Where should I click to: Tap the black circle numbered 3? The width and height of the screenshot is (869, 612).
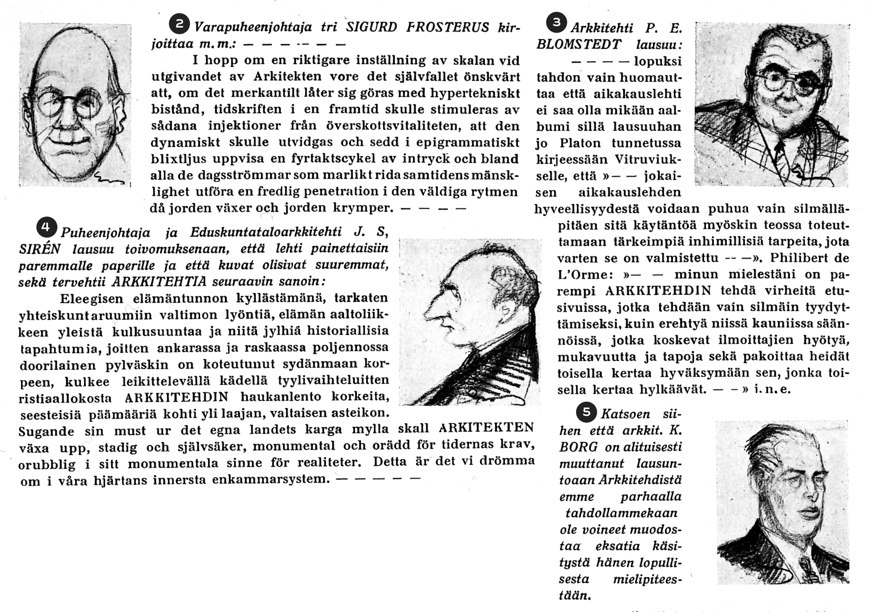pyautogui.click(x=556, y=22)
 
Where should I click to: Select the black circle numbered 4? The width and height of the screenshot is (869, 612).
pyautogui.click(x=45, y=227)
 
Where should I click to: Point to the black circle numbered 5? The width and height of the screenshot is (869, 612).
pyautogui.click(x=586, y=412)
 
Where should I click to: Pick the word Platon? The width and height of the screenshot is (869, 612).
pyautogui.click(x=582, y=143)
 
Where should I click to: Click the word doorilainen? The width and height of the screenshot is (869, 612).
pyautogui.click(x=58, y=365)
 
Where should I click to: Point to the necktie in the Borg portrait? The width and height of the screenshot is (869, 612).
pyautogui.click(x=807, y=569)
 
